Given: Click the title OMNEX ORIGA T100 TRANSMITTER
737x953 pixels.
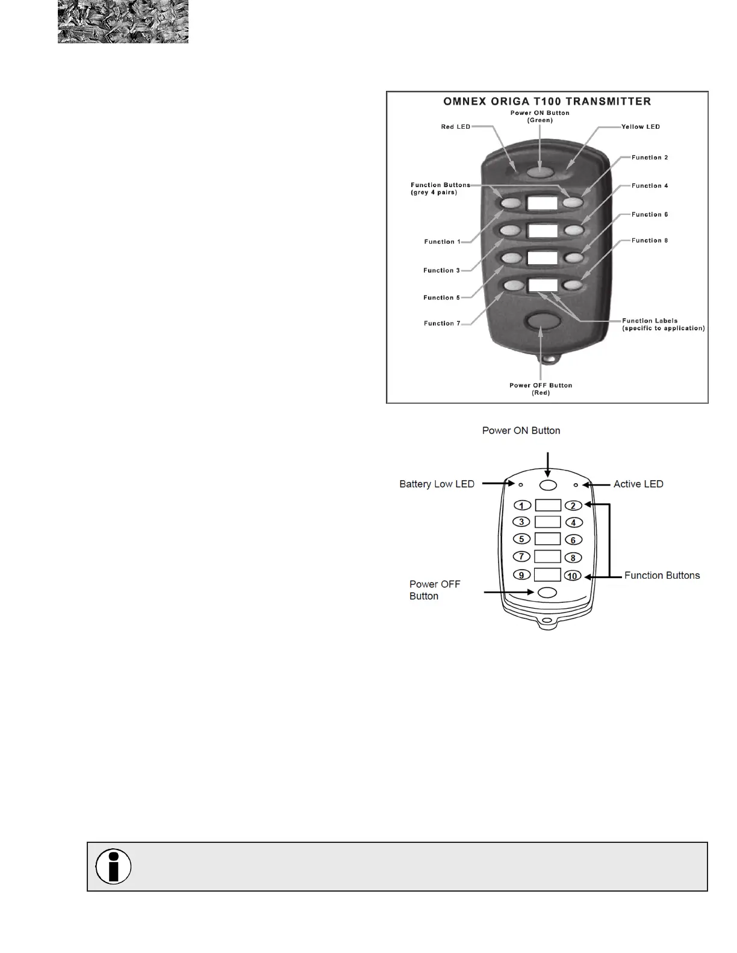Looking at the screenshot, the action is (x=547, y=101).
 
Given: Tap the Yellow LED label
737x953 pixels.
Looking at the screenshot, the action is (x=641, y=127).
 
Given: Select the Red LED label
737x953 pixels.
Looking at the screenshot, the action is (x=455, y=127).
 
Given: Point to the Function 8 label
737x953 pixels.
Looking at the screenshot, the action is (x=650, y=241).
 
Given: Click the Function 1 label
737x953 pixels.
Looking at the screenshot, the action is (x=442, y=242).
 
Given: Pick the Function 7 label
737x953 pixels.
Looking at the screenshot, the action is (x=442, y=324).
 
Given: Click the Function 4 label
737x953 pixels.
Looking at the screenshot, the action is (x=650, y=186).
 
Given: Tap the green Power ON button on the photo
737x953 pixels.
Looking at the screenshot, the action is (x=540, y=172).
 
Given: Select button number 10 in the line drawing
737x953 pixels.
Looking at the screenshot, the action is (x=573, y=576).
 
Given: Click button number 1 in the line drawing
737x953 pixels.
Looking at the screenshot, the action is (x=521, y=505).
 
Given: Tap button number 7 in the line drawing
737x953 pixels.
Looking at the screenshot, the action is (x=521, y=557).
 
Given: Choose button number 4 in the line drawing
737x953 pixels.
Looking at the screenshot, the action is (x=573, y=523).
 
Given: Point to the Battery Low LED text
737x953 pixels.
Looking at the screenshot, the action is (x=437, y=484).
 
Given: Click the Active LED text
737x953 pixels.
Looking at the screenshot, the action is (x=638, y=484).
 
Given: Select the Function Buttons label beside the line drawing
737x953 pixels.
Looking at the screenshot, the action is (x=662, y=576).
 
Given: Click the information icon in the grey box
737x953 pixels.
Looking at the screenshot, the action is (x=113, y=866).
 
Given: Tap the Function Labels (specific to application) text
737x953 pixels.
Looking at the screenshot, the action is (x=663, y=324).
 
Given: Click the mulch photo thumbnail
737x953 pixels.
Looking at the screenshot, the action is (x=123, y=22).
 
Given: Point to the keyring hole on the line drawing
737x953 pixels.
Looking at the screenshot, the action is (x=546, y=620).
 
